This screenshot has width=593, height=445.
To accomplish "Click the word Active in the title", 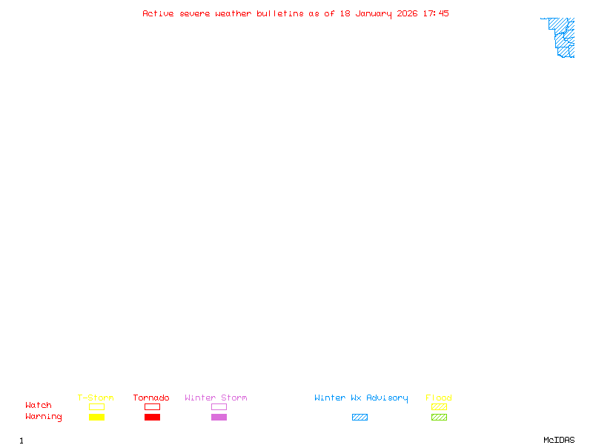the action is coord(158,13).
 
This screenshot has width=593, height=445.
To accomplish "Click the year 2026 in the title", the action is coord(407,13).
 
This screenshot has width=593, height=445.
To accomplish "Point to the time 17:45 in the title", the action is coord(436,13).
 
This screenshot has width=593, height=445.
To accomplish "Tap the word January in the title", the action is coord(374,14).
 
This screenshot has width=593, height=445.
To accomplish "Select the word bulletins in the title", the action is coord(280,13).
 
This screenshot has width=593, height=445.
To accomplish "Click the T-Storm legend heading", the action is coord(96,398).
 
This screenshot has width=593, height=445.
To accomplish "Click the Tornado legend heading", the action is coord(151,398).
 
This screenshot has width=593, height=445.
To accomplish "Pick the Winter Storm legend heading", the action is coord(216,398).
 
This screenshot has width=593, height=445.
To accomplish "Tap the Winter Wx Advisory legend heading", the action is coord(361,398).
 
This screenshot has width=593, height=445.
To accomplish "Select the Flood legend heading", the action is coord(438,398).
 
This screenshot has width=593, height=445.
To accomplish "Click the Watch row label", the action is coord(39,405).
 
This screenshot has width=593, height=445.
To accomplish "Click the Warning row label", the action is coord(44,417).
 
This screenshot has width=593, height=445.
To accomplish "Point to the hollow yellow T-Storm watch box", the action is coord(97,403).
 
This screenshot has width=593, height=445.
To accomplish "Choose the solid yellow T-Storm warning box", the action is coord(97,417).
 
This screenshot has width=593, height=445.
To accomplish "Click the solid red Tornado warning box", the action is coord(153,417).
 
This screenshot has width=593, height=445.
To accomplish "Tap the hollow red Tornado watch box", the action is coord(153,403).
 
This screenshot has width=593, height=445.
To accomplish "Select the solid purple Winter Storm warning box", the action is coord(219,417).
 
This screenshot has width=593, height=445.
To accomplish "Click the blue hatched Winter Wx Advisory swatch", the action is coord(360,417).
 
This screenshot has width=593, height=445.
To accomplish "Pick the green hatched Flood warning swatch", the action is coord(439,417).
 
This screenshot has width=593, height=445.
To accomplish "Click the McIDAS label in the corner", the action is coord(559,440).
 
